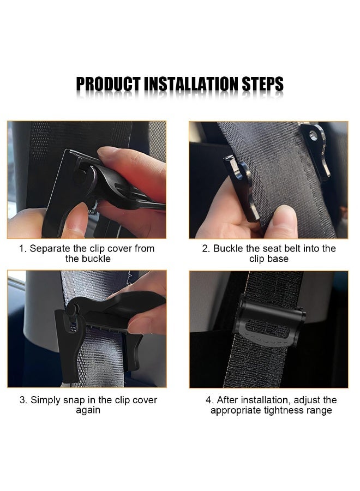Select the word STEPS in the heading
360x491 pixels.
(263, 84)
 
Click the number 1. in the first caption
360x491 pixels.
(23, 249)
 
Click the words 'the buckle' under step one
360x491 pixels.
(88, 259)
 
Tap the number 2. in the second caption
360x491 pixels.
(206, 249)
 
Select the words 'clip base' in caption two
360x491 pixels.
(269, 259)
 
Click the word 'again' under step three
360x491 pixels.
(88, 410)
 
